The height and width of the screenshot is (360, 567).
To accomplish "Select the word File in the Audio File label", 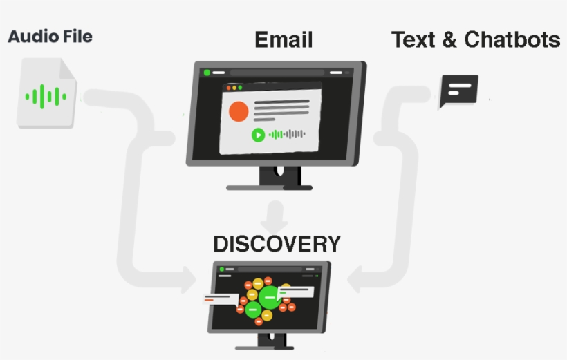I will [75, 36].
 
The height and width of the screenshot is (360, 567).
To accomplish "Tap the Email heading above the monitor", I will [283, 40].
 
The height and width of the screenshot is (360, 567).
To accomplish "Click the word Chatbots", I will [512, 40].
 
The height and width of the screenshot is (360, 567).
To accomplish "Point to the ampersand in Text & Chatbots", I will [449, 40].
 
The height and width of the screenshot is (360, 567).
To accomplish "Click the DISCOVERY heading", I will [277, 245].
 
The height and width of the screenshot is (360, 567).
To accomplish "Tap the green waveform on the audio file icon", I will [46, 95].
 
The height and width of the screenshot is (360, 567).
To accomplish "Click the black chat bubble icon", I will [458, 91].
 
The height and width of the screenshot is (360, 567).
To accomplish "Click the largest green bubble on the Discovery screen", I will [269, 296].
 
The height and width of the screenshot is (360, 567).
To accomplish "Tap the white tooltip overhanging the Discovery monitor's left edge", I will [220, 299].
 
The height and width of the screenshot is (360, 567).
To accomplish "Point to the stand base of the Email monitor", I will [269, 187].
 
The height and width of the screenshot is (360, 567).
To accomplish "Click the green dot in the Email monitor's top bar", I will [207, 72].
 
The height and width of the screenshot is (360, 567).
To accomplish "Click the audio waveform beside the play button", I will [287, 134].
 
